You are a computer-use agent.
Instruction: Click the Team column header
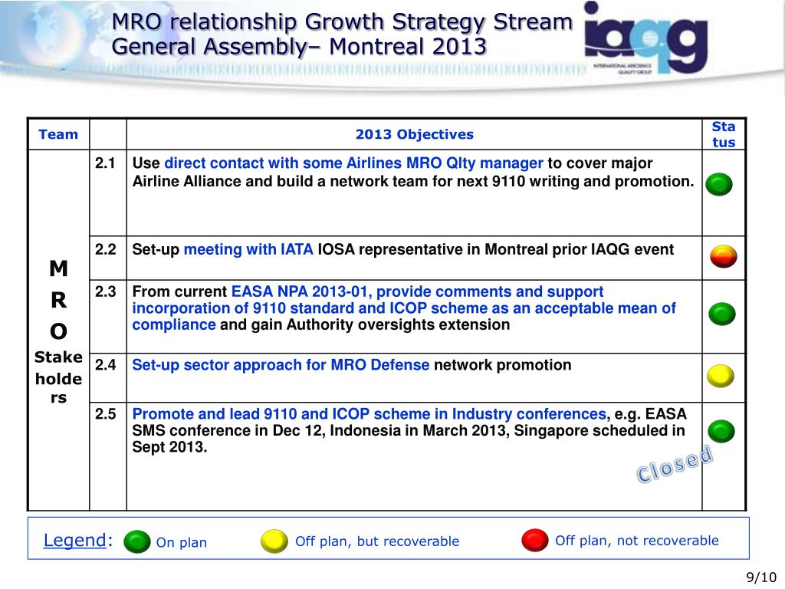tap(58, 134)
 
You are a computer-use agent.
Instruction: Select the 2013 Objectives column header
tap(414, 134)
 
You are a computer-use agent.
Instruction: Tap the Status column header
tap(723, 134)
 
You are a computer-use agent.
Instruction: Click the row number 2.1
tap(106, 163)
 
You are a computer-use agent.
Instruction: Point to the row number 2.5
tap(106, 414)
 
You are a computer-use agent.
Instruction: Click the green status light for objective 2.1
tap(719, 184)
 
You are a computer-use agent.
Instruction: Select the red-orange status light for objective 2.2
tap(723, 256)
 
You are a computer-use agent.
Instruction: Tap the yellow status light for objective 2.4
tap(721, 376)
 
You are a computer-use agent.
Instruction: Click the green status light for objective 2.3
tap(721, 314)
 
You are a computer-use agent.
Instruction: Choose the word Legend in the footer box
tap(74, 540)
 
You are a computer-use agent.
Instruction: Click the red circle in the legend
tap(534, 541)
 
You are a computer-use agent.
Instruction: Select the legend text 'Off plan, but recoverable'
tap(377, 541)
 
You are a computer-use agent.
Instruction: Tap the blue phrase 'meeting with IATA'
tap(248, 249)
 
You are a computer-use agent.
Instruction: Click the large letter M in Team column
tap(58, 268)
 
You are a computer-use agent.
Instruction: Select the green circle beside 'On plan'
tap(137, 541)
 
